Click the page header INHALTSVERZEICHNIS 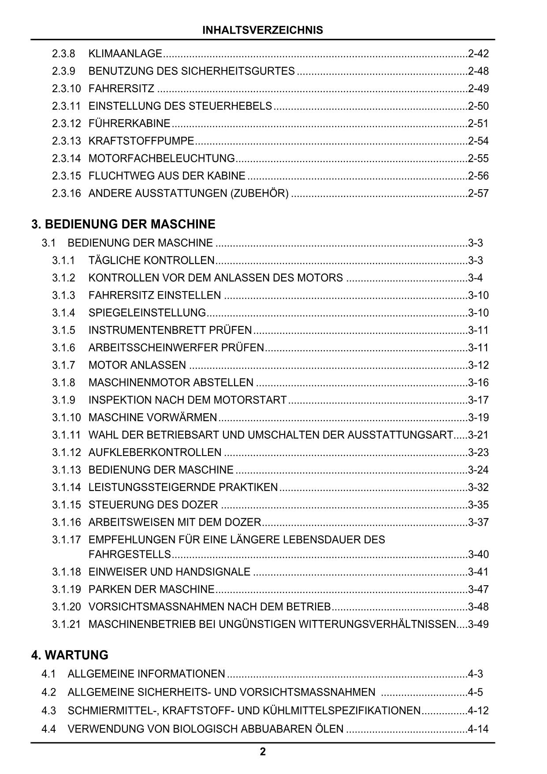263,30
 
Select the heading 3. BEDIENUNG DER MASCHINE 123,224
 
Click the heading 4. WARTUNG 70,655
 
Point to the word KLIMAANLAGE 125,54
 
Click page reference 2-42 478,54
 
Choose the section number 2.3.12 67,123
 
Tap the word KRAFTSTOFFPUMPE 141,141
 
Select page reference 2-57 478,193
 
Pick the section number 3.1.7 64,365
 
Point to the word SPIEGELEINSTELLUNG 147,313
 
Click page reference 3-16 478,382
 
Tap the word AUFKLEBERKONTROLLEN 155,452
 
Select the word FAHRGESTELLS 130,554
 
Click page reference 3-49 478,624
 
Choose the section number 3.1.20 67,607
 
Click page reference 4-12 478,710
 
